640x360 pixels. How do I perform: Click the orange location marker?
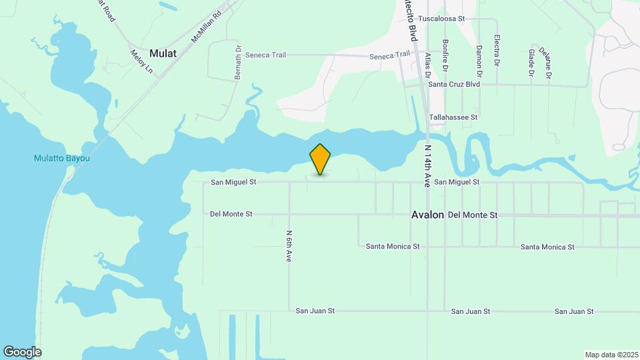point(321,159)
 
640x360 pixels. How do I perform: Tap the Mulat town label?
point(163,53)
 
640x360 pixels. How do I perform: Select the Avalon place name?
point(427,215)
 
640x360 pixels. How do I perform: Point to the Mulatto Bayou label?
point(62,159)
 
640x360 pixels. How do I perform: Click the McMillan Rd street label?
point(206,27)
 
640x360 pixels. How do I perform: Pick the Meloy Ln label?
point(142,62)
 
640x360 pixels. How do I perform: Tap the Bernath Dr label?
point(237,63)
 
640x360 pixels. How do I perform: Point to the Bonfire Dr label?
point(445,55)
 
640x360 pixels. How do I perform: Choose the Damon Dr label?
point(479,59)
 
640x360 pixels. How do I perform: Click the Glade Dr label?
point(531,61)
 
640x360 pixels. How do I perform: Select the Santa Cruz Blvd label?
point(454,85)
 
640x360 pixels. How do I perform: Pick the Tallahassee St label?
point(453,117)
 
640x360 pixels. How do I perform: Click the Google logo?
point(22,352)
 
